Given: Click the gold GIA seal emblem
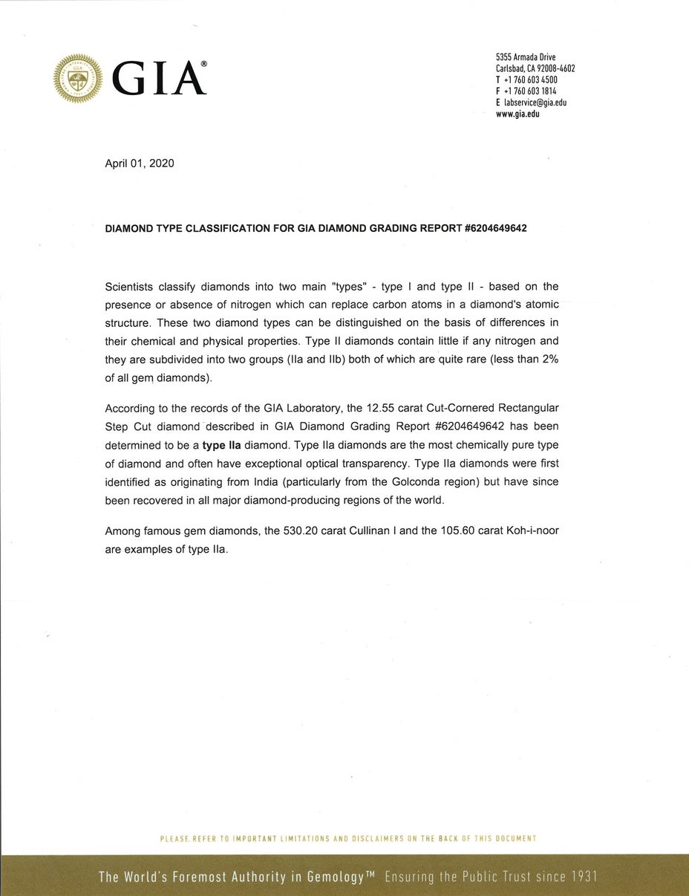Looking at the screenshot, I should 78,78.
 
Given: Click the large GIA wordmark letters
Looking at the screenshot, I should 159,79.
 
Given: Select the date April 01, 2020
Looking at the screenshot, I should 140,163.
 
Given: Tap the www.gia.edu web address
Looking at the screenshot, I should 517,114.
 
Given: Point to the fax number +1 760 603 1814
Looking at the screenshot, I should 531,91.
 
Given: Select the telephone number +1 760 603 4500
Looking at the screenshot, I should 531,79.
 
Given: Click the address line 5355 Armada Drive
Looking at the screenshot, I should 526,57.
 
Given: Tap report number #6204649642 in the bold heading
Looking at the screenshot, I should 495,228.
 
